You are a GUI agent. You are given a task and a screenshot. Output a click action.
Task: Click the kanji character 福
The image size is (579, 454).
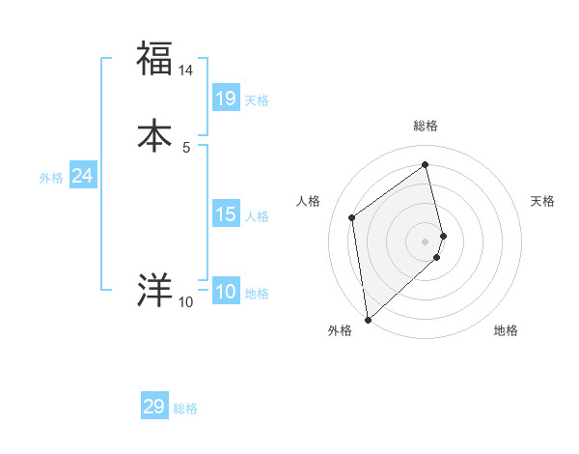point(154,58)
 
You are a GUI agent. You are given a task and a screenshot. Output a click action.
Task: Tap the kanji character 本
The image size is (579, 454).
point(154,136)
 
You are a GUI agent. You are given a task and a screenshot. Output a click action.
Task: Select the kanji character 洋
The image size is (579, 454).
point(154,290)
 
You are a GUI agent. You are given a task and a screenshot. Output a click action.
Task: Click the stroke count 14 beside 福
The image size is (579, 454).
point(186,71)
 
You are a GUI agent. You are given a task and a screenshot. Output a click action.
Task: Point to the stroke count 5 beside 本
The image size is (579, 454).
point(186,148)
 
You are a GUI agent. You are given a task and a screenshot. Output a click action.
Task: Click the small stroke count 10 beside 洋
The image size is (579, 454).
point(186,302)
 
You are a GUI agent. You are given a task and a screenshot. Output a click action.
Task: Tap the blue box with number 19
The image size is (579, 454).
point(226,99)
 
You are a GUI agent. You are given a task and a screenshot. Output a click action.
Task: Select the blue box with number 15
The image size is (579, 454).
point(226,214)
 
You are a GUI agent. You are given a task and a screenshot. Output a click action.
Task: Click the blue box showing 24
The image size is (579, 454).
point(83,176)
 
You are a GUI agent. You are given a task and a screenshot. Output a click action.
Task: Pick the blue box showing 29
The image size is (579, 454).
point(154,407)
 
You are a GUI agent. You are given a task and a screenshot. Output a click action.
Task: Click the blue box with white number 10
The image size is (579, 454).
point(226,292)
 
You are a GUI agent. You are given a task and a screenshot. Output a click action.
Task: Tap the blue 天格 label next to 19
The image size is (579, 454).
point(257,100)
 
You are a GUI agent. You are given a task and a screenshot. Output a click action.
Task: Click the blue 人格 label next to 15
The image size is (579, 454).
point(257,216)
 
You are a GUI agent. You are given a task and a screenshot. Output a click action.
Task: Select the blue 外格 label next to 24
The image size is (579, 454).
point(51,178)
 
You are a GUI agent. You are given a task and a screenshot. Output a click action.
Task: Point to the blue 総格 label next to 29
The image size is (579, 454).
point(185,409)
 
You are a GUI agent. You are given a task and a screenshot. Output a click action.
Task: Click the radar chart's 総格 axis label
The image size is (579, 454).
point(426,126)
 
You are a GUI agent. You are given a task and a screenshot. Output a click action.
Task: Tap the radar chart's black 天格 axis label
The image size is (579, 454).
point(542,201)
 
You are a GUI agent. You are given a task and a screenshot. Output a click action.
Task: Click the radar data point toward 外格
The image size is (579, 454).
point(368,319)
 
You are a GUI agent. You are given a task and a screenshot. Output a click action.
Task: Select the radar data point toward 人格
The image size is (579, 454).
point(352,217)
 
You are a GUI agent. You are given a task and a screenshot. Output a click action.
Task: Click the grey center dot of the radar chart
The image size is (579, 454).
point(426,241)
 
